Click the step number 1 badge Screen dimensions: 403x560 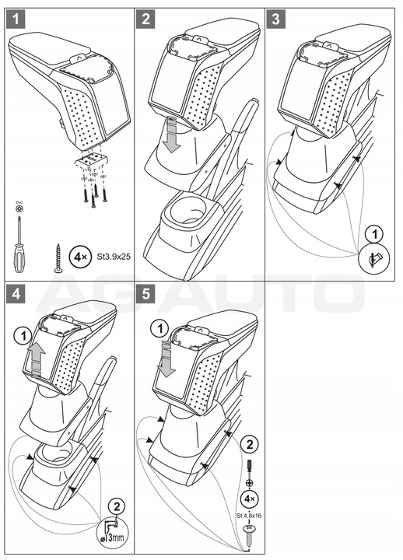point(16,19)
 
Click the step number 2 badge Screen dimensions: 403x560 point(145,19)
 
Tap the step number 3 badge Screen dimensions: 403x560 point(275,19)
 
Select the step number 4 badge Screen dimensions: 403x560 point(16,294)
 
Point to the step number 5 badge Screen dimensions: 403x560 point(145,294)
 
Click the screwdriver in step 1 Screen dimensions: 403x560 point(19,243)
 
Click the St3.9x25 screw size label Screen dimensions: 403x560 point(114,257)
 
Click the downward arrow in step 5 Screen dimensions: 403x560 point(166,359)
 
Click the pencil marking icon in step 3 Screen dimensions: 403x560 point(374,258)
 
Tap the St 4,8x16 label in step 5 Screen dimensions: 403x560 point(248,516)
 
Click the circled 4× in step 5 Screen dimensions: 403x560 point(249,499)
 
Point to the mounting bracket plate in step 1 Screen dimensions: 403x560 point(92,160)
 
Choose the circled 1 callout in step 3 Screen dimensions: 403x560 point(374,235)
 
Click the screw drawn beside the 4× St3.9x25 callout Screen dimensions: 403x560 point(58,258)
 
